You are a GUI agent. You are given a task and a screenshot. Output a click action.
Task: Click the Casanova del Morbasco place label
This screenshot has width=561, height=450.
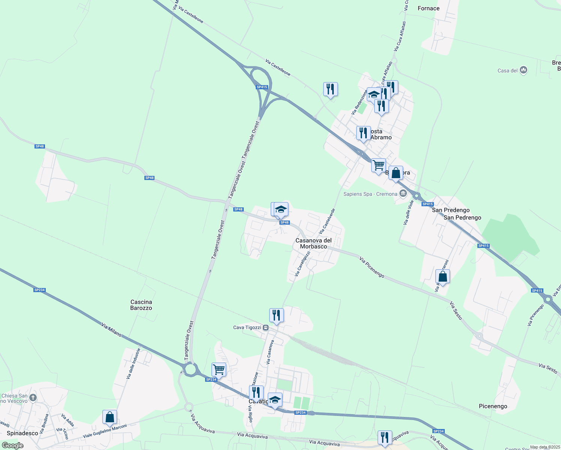313,243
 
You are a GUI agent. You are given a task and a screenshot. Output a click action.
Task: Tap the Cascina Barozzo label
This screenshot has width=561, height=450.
141,305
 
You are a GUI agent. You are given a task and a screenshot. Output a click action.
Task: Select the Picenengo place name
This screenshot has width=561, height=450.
493,406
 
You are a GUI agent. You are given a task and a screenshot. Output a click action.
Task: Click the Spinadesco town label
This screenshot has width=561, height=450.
22,433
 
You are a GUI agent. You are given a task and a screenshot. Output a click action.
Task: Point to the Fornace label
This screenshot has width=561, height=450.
428,8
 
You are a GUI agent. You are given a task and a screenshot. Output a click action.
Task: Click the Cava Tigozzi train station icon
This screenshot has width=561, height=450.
266,327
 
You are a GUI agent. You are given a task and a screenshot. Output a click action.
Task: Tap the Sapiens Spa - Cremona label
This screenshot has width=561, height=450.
370,194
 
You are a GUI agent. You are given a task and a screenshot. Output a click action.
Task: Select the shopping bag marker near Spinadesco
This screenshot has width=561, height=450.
109,417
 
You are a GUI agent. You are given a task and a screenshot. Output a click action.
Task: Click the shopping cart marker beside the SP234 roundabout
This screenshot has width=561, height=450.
219,369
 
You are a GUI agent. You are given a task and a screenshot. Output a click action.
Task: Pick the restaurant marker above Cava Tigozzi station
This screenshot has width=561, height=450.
276,315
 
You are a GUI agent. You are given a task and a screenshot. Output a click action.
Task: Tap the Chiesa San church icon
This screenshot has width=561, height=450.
33,397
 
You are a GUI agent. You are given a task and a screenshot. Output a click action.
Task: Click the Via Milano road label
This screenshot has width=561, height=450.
111,330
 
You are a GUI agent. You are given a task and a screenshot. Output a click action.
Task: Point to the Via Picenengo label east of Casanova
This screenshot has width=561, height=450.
372,267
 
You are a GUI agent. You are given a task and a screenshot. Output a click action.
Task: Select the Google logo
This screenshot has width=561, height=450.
12,445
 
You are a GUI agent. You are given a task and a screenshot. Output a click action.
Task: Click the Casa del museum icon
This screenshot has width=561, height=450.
524,70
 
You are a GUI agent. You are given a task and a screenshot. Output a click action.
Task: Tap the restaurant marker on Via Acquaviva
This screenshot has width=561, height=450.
385,438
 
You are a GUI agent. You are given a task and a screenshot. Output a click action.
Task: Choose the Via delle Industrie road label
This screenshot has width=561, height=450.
133,363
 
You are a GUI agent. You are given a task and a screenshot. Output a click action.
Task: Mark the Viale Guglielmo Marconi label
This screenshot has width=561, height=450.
105,431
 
